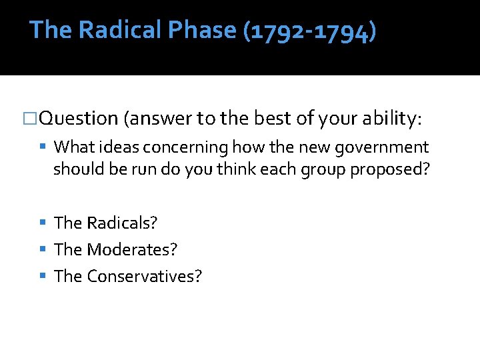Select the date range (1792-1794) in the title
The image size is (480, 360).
click(x=309, y=31)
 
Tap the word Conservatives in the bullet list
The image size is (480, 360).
click(x=143, y=276)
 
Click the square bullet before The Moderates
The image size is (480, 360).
click(x=43, y=249)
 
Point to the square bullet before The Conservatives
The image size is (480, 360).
click(x=43, y=276)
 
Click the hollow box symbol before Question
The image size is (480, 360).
click(x=31, y=119)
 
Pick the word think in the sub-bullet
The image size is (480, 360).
click(x=241, y=169)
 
